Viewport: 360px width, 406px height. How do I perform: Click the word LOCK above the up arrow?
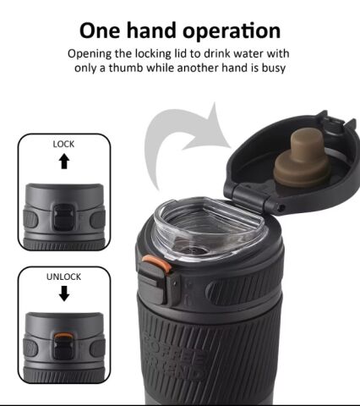pyautogui.click(x=63, y=144)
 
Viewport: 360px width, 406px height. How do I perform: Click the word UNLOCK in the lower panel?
pyautogui.click(x=63, y=277)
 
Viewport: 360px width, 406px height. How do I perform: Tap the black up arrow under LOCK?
pyautogui.click(x=64, y=161)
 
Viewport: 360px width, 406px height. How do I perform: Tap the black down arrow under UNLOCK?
pyautogui.click(x=64, y=294)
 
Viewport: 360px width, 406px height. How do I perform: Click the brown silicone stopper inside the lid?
pyautogui.click(x=303, y=158)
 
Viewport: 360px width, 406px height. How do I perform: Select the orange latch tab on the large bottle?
pyautogui.click(x=157, y=263)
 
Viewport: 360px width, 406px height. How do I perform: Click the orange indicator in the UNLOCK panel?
pyautogui.click(x=63, y=336)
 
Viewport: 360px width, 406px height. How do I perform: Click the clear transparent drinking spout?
pyautogui.click(x=209, y=229)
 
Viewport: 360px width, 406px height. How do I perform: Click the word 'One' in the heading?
pyautogui.click(x=100, y=30)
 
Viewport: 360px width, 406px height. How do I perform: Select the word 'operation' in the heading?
pyautogui.click(x=232, y=32)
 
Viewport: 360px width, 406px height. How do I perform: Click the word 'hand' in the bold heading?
pyautogui.click(x=152, y=30)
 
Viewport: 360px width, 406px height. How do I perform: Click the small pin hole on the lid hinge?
pyautogui.click(x=281, y=208)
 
